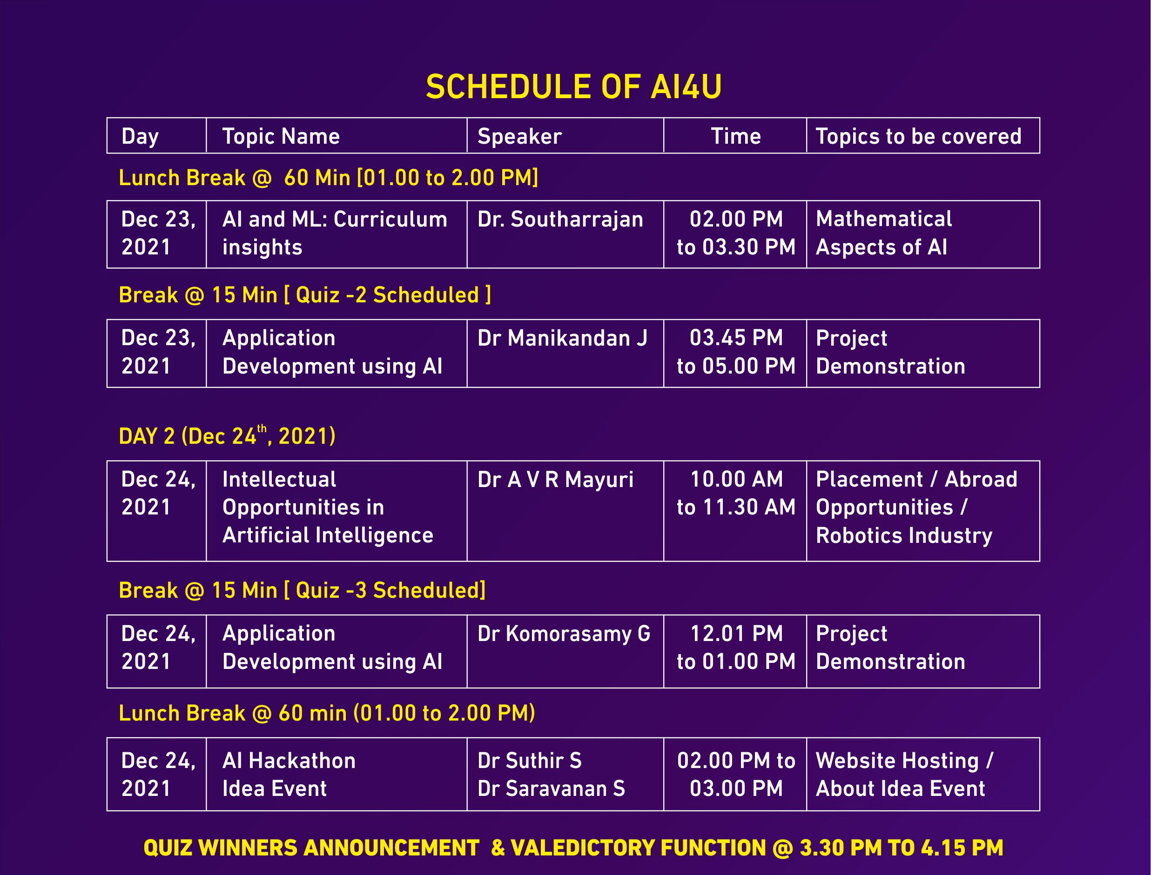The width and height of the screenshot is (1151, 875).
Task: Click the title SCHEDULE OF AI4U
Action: [x=574, y=87]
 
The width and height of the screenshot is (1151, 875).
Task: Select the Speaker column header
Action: [x=519, y=136]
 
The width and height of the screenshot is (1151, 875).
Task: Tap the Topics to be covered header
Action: [x=919, y=136]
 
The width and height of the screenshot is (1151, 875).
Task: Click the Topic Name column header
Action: [x=281, y=136]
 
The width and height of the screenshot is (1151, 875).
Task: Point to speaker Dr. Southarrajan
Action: [x=560, y=219]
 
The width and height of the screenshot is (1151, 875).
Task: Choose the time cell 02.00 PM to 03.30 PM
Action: [x=736, y=233]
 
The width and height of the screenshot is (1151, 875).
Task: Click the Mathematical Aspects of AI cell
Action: [x=884, y=233]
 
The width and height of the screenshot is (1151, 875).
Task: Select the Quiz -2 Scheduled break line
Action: [x=305, y=295]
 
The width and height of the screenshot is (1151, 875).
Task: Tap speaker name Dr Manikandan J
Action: [x=562, y=339]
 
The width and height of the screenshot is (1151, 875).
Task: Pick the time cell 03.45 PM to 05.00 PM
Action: [x=736, y=352]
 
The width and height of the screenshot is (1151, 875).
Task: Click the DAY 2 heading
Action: [x=227, y=435]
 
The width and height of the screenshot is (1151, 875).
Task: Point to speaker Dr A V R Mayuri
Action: [x=555, y=480]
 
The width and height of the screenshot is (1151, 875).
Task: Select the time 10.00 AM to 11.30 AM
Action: [x=736, y=493]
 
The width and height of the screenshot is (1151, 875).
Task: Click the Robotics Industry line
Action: [x=904, y=536]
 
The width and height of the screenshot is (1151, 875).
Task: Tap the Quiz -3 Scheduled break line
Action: [x=302, y=591]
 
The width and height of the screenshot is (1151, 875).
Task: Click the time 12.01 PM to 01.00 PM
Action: [x=736, y=648]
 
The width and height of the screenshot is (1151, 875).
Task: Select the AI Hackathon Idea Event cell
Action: [x=289, y=775]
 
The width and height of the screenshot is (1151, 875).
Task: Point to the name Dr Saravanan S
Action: [x=551, y=788]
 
